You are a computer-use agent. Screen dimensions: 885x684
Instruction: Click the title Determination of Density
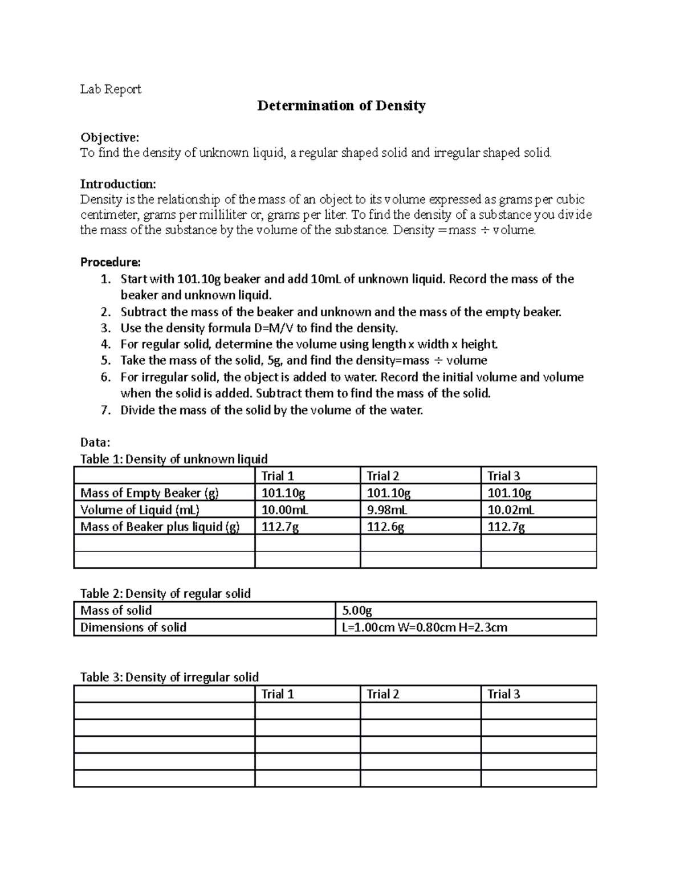pos(341,106)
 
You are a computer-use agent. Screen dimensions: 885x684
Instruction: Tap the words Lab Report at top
pos(111,89)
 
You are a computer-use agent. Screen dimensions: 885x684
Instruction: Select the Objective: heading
pos(109,137)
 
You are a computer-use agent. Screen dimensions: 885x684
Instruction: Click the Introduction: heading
pos(117,184)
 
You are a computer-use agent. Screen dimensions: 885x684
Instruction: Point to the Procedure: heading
pos(110,262)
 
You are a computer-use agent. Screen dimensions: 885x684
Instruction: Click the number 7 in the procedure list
pos(104,410)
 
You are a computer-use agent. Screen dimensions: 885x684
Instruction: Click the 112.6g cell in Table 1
pos(385,527)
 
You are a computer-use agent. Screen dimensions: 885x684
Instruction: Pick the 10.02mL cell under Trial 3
pos(511,509)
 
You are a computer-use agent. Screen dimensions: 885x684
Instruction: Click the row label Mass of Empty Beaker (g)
pos(149,493)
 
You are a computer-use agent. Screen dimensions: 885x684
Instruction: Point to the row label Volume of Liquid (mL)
pos(140,509)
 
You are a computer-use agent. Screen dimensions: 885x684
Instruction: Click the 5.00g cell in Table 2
pos(357,611)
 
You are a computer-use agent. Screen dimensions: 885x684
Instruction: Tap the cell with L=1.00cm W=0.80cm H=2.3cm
pos(425,627)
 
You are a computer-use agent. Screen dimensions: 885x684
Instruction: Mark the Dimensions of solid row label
pos(133,627)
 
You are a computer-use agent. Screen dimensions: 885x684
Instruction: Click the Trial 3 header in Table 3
pos(504,694)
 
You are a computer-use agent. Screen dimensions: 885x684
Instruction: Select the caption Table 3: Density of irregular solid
pos(170,677)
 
